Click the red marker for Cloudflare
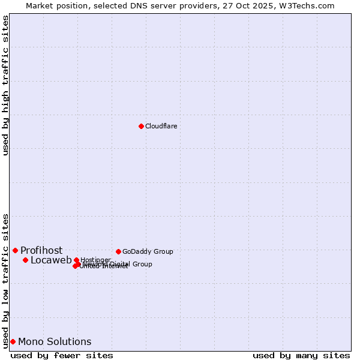[141, 126]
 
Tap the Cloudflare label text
[161, 126]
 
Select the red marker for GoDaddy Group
[118, 251]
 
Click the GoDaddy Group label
[148, 251]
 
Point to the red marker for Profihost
[15, 250]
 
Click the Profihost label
[41, 250]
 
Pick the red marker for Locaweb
[25, 260]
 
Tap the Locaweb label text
[51, 260]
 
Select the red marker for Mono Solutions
[13, 341]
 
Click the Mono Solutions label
[55, 341]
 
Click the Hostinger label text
[96, 260]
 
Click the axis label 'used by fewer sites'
[62, 355]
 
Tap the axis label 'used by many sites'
[301, 355]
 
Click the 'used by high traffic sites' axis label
[5, 86]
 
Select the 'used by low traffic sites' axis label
[5, 280]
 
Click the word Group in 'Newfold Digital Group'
[142, 264]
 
